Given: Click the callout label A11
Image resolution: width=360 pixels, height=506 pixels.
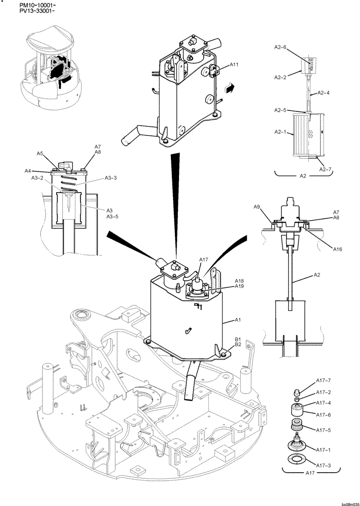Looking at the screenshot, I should coord(234,65).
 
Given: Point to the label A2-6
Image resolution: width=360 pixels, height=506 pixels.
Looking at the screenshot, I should coord(280,48).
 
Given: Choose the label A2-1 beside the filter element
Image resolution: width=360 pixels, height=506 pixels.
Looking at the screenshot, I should coord(281,132).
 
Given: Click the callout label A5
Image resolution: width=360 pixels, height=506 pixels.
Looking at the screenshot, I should coord(40,153).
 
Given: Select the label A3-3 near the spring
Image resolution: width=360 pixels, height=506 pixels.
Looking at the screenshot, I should coord(111,178).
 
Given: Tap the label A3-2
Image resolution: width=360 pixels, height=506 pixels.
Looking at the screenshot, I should coord(38,178).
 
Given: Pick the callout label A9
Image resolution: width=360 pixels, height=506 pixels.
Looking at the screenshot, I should coord(257,207).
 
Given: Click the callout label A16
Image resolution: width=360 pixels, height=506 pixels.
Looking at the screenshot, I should coord(338,248).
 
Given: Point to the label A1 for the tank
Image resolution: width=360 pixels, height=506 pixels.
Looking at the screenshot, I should coord(238,320).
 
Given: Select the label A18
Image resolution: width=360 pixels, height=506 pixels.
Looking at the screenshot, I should coord(239,280).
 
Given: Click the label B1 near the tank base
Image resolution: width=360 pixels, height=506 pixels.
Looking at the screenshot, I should coord(238,340).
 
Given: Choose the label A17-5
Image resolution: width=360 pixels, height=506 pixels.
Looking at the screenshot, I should coord(323,430).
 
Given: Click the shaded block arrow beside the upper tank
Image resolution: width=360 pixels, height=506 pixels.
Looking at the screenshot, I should coord(230,88).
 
